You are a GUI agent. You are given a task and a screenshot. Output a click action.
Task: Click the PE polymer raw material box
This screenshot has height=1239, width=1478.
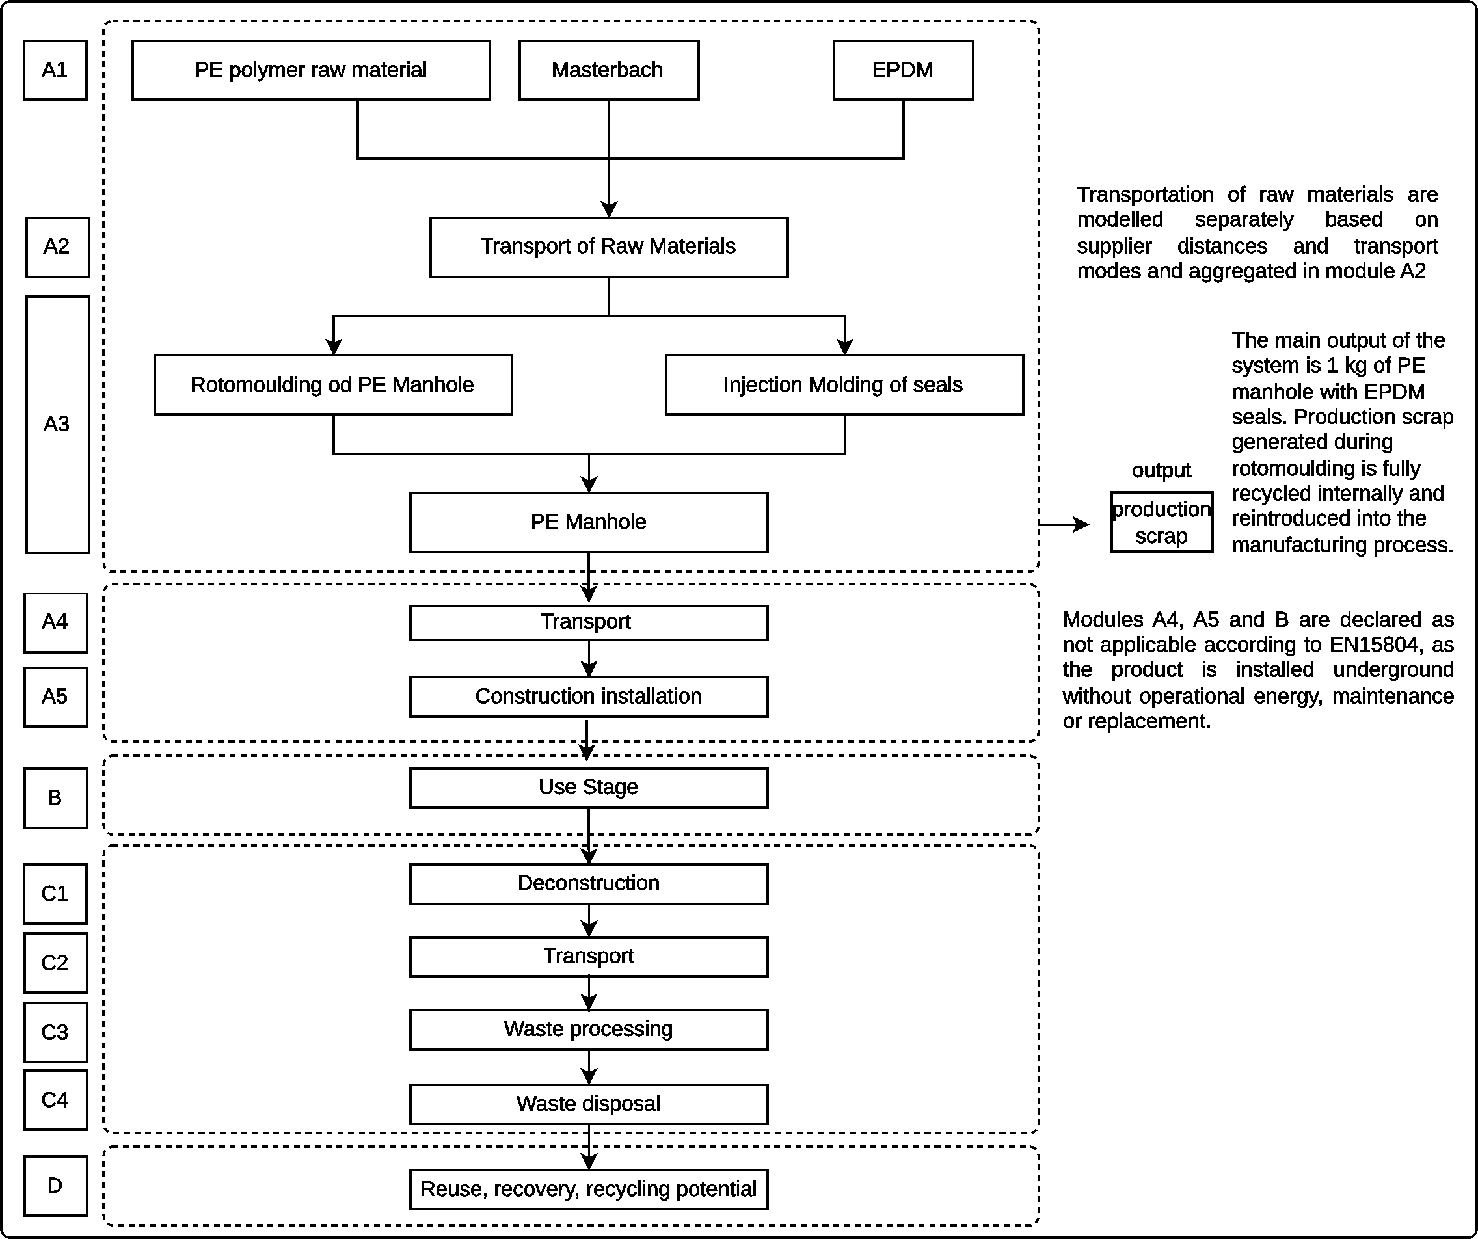click(x=310, y=70)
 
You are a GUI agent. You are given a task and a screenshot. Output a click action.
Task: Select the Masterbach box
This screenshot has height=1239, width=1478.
click(x=608, y=70)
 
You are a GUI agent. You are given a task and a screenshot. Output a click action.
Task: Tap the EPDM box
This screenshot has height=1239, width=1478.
click(x=902, y=70)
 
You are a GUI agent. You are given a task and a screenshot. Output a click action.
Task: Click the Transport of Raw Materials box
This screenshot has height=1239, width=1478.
click(x=608, y=247)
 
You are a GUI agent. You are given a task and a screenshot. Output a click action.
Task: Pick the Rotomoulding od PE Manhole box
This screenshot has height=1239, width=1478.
click(x=333, y=385)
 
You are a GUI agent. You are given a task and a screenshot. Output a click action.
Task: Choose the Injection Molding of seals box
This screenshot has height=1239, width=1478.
click(x=843, y=385)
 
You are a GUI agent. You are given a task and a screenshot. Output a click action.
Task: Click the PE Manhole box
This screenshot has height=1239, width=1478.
click(x=588, y=522)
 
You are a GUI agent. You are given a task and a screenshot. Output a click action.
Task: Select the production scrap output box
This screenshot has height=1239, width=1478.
click(x=1161, y=522)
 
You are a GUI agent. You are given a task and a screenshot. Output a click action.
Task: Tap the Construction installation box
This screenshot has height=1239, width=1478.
click(x=588, y=697)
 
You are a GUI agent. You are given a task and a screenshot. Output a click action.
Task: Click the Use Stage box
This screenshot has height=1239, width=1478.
click(x=588, y=788)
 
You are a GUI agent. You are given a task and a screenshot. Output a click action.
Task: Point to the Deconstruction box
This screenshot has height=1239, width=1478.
click(x=588, y=884)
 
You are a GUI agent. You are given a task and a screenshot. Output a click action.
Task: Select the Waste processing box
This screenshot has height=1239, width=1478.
click(x=588, y=1030)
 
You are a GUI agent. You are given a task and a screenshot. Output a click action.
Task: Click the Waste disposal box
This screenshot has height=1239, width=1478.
click(x=588, y=1104)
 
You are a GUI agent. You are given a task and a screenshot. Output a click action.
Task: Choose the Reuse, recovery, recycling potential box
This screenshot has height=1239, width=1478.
click(x=588, y=1189)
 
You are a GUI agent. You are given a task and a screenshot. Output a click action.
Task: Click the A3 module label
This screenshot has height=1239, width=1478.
click(x=57, y=424)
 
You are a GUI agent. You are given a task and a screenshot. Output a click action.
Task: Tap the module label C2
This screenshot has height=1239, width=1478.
click(x=55, y=963)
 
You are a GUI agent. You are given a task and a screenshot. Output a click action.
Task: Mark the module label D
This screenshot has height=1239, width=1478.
click(x=55, y=1186)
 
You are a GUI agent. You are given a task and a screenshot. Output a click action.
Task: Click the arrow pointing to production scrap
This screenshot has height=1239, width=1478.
click(x=1064, y=524)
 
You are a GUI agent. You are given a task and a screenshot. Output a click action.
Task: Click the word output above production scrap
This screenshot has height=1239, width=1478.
click(x=1161, y=470)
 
